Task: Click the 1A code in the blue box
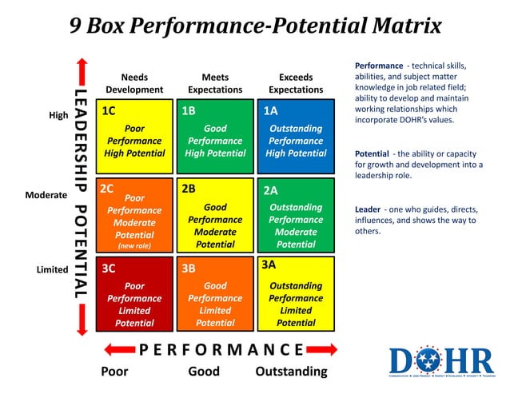[270, 111]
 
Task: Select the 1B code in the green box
[189, 111]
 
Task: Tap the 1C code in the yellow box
[109, 111]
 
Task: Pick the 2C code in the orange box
[108, 189]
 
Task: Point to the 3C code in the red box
[109, 269]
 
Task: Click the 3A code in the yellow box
[269, 264]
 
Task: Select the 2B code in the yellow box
[189, 189]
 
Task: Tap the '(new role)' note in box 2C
[133, 246]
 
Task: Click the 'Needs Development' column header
[134, 84]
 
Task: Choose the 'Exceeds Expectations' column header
[296, 84]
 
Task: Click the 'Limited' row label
[52, 269]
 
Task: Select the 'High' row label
[58, 115]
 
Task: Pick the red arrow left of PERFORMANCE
[118, 350]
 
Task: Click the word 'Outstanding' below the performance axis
[291, 372]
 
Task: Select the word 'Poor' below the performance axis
[114, 372]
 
